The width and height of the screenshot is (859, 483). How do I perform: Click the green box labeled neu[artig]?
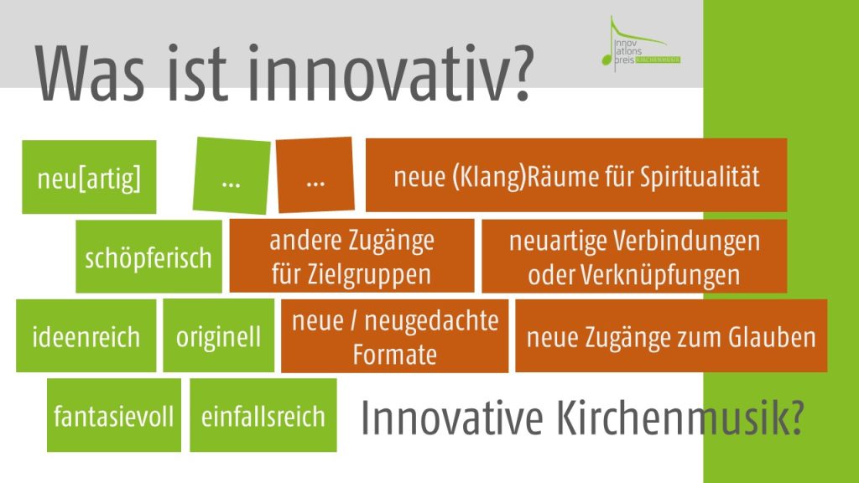89,177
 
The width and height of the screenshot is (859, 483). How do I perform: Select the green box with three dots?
232,176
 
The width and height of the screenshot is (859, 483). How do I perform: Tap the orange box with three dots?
315,175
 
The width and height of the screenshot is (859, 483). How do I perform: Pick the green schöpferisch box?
148,257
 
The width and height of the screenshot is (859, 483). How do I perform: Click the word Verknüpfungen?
660,275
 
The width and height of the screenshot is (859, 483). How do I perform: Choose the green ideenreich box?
86,335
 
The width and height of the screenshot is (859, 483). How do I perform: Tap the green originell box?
219,335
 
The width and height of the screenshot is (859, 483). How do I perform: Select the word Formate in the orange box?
394,355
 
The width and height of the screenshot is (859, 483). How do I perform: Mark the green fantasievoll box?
114,415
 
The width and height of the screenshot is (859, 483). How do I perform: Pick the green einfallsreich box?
263,415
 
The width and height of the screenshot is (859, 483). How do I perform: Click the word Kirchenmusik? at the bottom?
680,418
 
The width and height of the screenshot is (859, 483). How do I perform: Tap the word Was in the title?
91,74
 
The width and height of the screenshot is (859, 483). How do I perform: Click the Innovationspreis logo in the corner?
641,44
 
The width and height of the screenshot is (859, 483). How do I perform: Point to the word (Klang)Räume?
524,177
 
